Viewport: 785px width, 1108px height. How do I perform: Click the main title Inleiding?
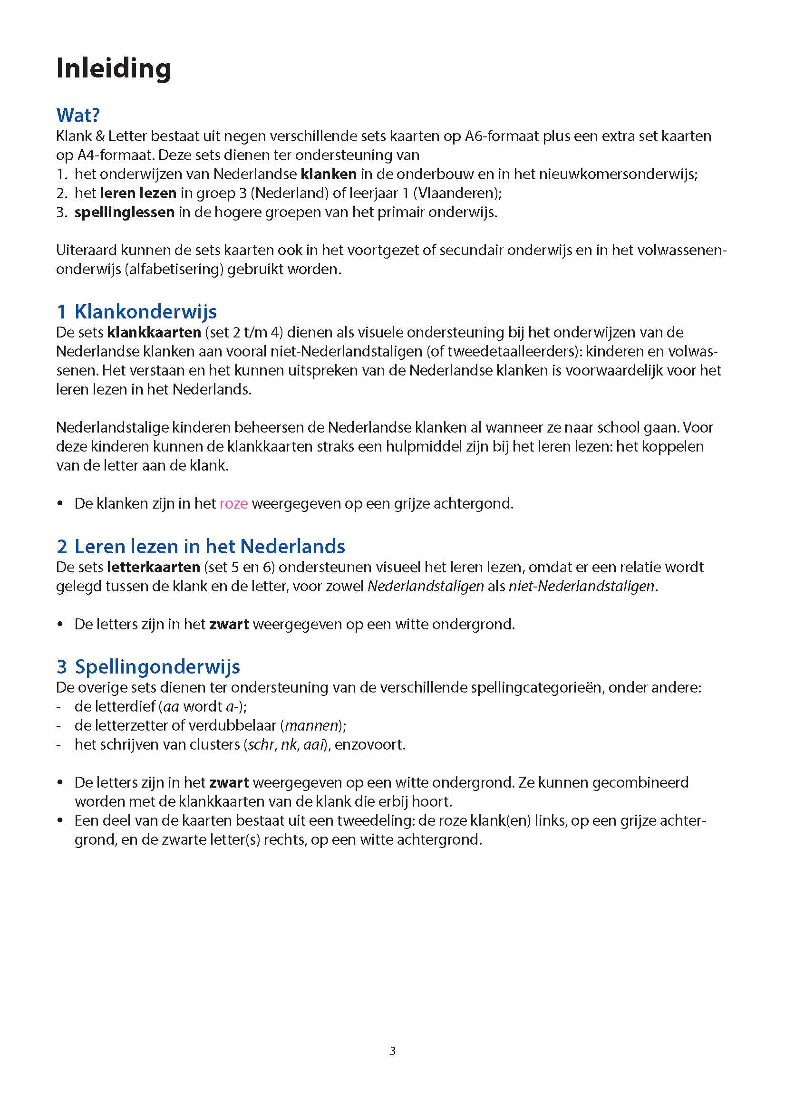pyautogui.click(x=114, y=68)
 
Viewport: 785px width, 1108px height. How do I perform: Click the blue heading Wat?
pyautogui.click(x=78, y=116)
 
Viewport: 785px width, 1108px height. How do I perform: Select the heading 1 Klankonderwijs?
pyautogui.click(x=137, y=312)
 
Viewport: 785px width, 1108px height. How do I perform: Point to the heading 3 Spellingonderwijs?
pyautogui.click(x=148, y=667)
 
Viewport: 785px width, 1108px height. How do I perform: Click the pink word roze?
pyautogui.click(x=233, y=503)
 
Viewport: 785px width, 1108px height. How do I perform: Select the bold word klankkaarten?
pyautogui.click(x=154, y=332)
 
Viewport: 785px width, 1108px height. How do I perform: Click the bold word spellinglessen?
pyautogui.click(x=124, y=212)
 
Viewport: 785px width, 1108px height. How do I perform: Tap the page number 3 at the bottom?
pyautogui.click(x=393, y=1051)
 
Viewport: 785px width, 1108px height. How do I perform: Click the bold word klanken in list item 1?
pyautogui.click(x=328, y=174)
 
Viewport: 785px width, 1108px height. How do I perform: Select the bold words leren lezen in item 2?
pyautogui.click(x=138, y=193)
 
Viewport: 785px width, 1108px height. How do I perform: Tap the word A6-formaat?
pyautogui.click(x=502, y=136)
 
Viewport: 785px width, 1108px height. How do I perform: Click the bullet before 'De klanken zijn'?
pyautogui.click(x=60, y=504)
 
